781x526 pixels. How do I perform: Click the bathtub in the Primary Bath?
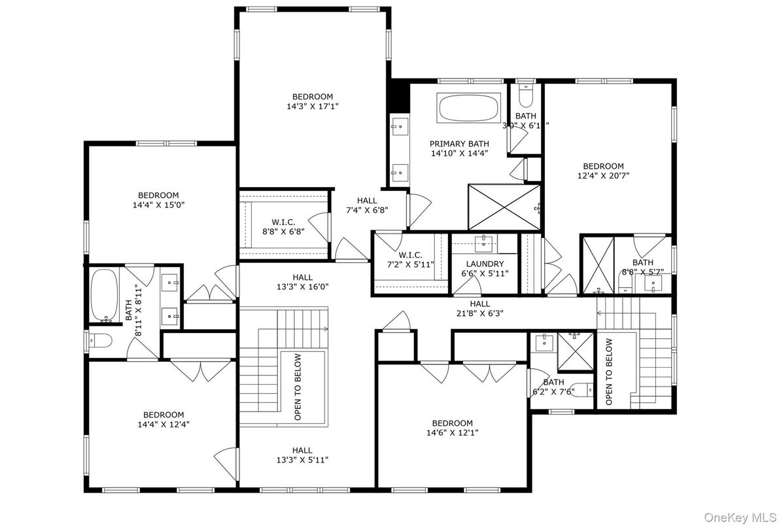click(468, 107)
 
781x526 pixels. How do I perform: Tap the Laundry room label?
click(485, 264)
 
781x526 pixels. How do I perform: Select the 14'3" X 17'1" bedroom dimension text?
click(313, 105)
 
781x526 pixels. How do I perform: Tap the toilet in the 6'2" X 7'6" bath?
click(579, 390)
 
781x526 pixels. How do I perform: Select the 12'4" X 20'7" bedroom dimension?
click(603, 175)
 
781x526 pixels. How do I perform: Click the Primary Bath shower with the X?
click(504, 207)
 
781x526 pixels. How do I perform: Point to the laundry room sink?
click(485, 243)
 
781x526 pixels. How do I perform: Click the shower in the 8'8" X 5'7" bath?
click(599, 264)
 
